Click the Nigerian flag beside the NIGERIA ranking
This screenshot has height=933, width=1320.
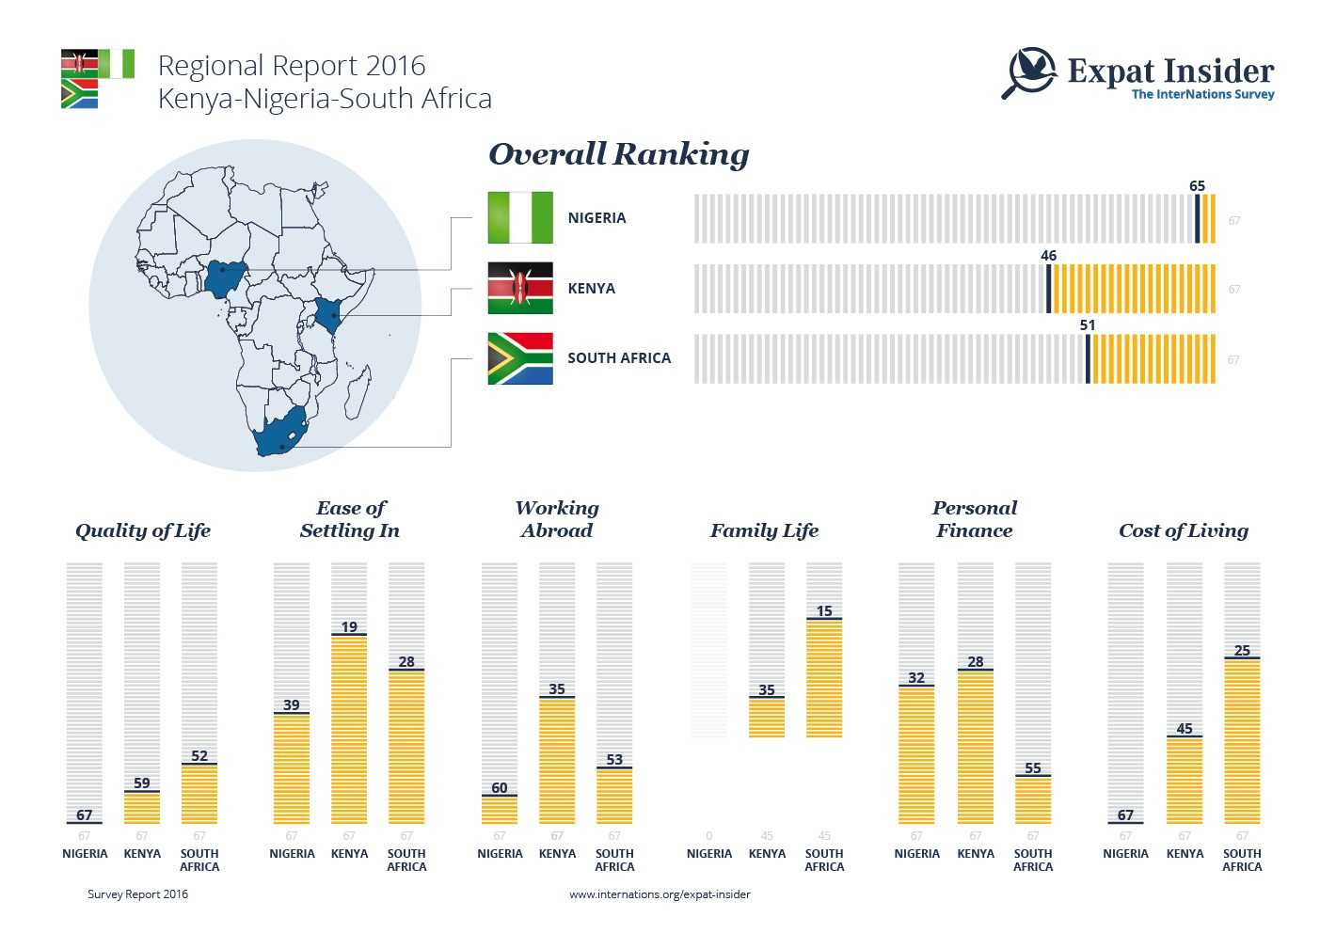pos(520,217)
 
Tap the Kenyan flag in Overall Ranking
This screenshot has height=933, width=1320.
pos(520,288)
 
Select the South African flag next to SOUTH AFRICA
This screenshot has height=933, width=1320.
pos(520,358)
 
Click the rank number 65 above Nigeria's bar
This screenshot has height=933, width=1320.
pos(1197,186)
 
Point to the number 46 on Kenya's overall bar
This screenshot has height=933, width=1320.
pos(1048,256)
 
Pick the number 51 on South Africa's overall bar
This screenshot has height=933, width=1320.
pos(1088,325)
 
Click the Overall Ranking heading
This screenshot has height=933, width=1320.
pos(618,154)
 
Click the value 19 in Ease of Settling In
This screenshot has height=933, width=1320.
pos(349,627)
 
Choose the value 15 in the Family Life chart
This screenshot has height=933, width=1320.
pos(824,611)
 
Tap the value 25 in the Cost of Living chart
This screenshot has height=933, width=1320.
pos(1242,651)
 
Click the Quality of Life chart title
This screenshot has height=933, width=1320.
pos(143,530)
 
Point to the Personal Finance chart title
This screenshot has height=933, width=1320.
pos(974,519)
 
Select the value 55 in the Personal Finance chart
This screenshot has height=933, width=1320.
pos(1033,768)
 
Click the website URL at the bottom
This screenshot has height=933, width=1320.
pos(660,894)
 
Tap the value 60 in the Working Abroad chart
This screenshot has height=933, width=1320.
pos(500,788)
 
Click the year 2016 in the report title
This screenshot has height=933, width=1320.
pos(395,66)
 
